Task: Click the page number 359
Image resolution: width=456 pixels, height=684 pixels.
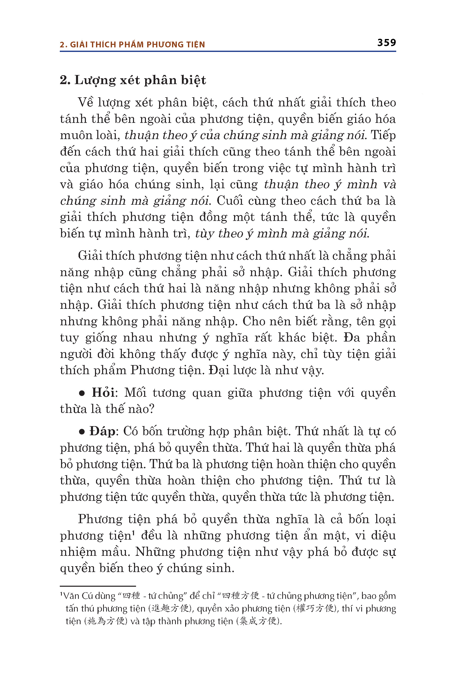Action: [387, 43]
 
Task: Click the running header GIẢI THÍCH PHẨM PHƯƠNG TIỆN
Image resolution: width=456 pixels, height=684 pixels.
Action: [138, 45]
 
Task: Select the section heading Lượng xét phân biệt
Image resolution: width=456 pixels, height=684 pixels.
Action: [140, 80]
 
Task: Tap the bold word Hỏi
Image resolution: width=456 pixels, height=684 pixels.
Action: [103, 393]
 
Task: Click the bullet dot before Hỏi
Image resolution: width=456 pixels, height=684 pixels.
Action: [82, 393]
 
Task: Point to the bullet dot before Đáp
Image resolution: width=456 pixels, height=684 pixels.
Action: [82, 432]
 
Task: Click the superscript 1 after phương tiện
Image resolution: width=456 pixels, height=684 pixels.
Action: [133, 532]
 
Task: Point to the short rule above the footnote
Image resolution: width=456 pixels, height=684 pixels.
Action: [98, 586]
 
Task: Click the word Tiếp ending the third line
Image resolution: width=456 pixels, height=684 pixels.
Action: [383, 135]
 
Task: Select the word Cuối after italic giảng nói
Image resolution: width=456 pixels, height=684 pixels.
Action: [230, 201]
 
